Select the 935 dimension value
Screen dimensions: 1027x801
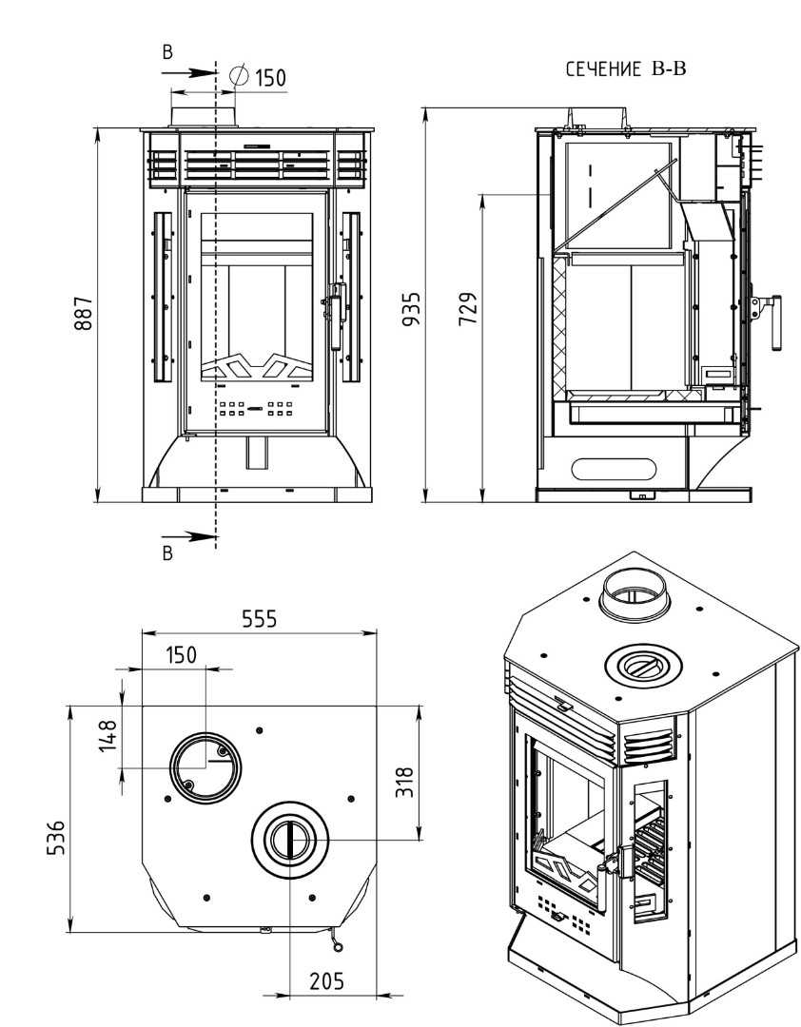click(412, 310)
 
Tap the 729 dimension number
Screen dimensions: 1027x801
click(468, 310)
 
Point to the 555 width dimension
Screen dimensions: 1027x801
click(258, 619)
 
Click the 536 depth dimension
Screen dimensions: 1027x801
click(57, 836)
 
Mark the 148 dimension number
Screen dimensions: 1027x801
click(109, 735)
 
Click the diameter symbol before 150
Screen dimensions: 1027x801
click(240, 75)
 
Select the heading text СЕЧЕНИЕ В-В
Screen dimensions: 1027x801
click(625, 69)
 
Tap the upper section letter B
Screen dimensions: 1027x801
click(167, 53)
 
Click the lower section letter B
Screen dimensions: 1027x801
click(167, 553)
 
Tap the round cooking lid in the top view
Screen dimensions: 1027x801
click(289, 840)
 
